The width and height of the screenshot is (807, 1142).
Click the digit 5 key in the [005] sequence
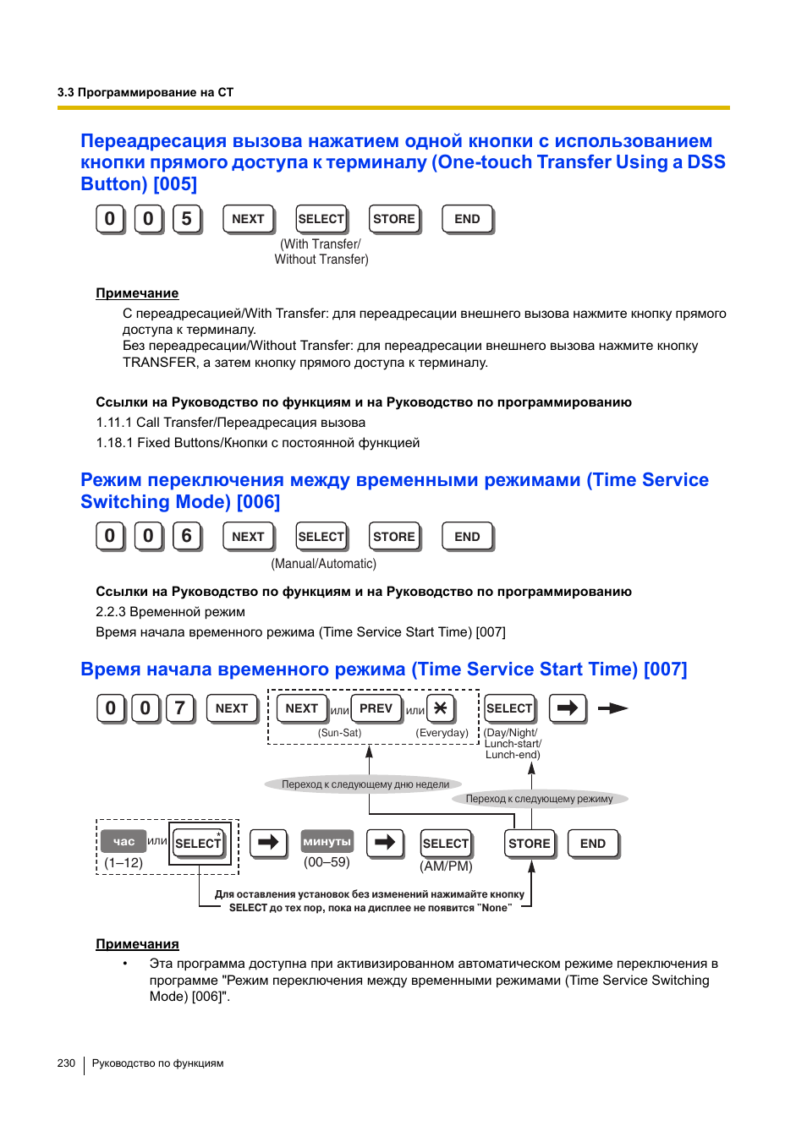pos(187,219)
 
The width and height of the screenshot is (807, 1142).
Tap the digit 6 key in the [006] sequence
pos(187,536)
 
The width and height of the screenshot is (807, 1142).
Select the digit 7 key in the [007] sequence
pos(179,708)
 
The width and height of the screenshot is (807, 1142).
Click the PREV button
pos(376,708)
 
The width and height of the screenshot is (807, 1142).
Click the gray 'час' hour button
pos(124,841)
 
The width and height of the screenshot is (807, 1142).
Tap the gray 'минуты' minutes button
pos(327,842)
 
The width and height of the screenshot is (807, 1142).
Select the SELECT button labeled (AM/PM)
pos(445,844)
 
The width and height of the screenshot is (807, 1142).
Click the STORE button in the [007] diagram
pos(530,844)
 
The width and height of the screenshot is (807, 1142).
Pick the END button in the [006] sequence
pos(467,537)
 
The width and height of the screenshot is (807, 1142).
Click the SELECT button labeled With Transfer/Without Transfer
pos(321,219)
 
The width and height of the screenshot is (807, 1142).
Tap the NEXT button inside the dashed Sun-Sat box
pos(301,708)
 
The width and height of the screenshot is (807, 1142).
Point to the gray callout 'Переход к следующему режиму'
pos(539,799)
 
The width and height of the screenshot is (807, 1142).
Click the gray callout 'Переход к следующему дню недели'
pos(365,784)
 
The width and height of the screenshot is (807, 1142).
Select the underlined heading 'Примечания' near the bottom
pos(137,944)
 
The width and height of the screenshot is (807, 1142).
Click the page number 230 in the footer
pos(66,1063)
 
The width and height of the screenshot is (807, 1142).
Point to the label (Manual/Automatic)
pos(323,564)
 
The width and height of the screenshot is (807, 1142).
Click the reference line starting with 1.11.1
pos(230,423)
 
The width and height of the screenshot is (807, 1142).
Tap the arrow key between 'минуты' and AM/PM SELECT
pos(385,842)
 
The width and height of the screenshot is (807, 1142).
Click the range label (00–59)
pos(327,862)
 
